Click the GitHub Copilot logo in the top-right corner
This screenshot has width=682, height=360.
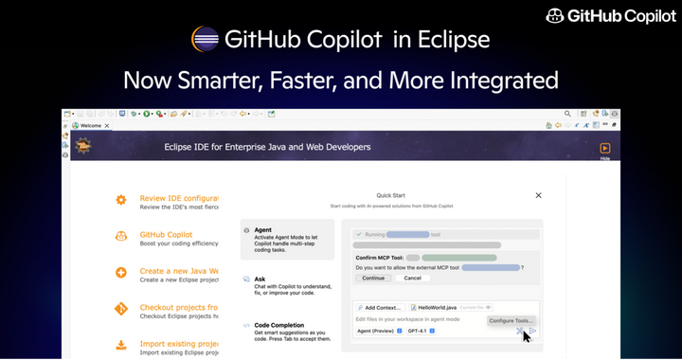(x=610, y=16)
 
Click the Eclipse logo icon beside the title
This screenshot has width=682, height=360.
(x=206, y=40)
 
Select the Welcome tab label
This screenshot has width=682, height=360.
(x=91, y=125)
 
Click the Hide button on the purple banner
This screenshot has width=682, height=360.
(x=604, y=150)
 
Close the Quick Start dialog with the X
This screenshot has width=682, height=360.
(x=538, y=195)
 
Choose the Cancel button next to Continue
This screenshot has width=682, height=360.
(x=412, y=279)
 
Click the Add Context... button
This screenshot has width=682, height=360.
(x=381, y=307)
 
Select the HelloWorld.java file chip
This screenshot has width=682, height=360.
(x=435, y=307)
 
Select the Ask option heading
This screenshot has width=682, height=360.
(x=260, y=279)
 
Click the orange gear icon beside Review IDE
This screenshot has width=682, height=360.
(x=121, y=200)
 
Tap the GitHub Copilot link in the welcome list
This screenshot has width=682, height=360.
(x=166, y=234)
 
